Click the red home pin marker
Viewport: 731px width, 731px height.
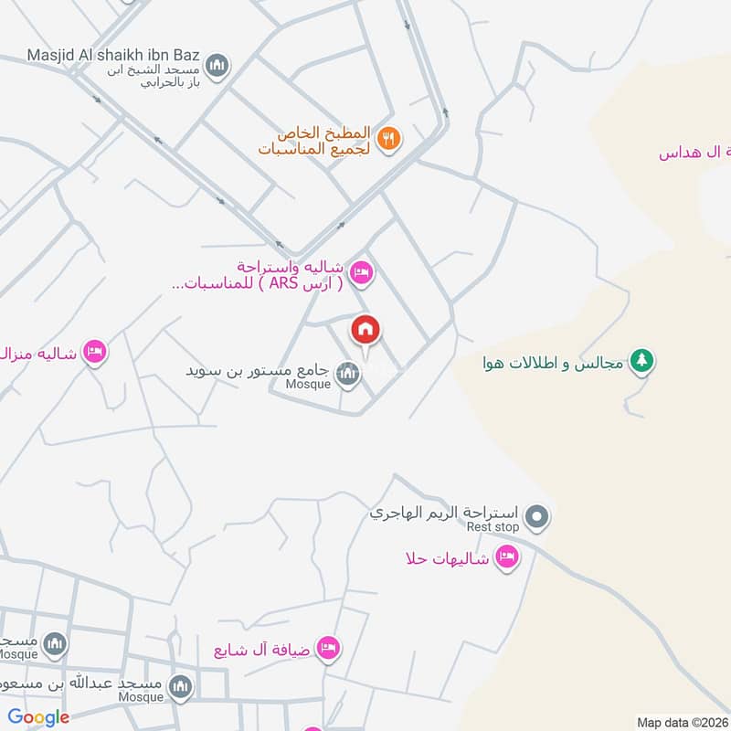coord(365,330)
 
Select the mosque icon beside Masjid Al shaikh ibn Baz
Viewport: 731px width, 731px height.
coord(217,66)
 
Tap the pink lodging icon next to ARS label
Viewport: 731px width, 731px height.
coord(363,271)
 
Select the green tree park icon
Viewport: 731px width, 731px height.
coord(642,362)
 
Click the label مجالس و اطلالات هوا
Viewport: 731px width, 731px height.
coord(554,363)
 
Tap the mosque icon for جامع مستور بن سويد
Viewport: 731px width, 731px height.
coord(346,374)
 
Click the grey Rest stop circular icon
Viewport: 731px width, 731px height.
coord(539,517)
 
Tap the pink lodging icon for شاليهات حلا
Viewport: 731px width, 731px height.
coord(506,556)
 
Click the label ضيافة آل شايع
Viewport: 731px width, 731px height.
coord(261,650)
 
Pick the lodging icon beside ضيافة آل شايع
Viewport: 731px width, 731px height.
coord(329,649)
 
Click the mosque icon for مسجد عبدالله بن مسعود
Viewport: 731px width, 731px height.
coord(182,686)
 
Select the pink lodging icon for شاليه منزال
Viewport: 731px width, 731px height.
coord(94,351)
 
